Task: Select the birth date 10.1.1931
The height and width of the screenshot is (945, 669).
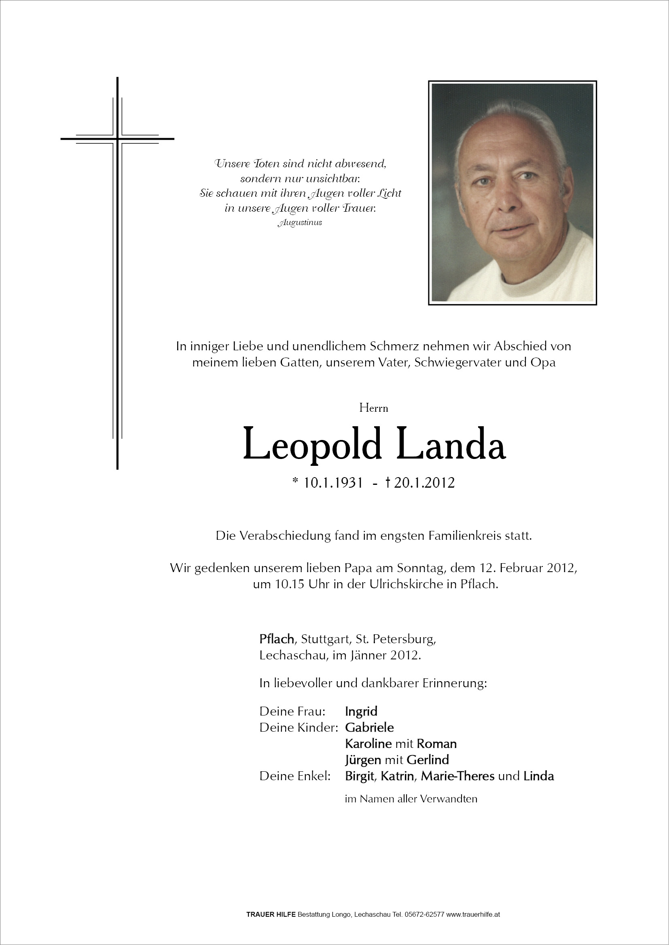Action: [x=333, y=482]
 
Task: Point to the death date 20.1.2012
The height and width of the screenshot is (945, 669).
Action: [x=424, y=482]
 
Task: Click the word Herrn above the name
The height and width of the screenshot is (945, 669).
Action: [x=374, y=408]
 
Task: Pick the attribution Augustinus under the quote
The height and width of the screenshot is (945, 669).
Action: [x=300, y=223]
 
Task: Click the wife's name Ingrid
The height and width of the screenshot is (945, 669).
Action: [x=361, y=711]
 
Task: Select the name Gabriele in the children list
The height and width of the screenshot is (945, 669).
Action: [x=369, y=727]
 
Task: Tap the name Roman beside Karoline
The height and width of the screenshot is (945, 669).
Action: [x=436, y=743]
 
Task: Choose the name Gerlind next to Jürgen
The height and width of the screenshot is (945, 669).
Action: [x=428, y=760]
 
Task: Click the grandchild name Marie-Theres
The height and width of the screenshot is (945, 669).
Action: [x=457, y=776]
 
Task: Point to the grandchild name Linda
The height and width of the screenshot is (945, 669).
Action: [x=538, y=776]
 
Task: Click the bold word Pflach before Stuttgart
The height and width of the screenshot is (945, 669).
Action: [x=276, y=639]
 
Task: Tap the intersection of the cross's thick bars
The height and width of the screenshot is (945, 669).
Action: [x=117, y=139]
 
